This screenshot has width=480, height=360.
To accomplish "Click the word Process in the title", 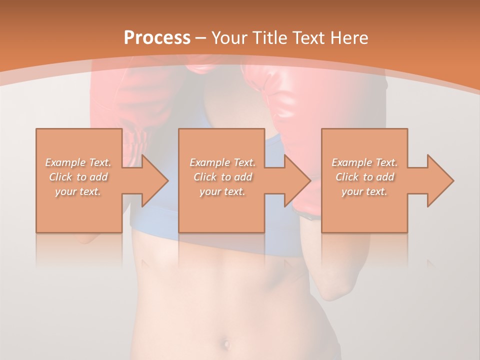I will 157,38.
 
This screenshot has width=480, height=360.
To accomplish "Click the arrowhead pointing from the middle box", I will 296,180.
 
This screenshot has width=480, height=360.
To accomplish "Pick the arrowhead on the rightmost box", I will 439,180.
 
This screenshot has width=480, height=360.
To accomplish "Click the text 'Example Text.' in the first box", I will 78,162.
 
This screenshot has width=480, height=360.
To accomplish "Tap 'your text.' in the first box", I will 78,191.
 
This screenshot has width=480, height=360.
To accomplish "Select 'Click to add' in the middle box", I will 222,177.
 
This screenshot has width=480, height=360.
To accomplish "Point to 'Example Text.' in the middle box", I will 222,162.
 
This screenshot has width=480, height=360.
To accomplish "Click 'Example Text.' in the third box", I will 364,162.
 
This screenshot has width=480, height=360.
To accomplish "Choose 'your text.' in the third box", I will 364,191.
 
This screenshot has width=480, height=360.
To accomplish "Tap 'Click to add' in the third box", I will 364,177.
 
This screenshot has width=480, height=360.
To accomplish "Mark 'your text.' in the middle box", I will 222,191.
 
